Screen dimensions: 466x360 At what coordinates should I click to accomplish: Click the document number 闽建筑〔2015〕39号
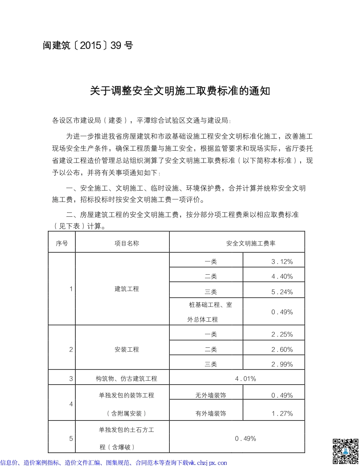pyautogui.click(x=88, y=46)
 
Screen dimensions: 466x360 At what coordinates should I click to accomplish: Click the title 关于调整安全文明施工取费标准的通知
pyautogui.click(x=180, y=91)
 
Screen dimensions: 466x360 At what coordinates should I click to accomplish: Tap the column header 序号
pyautogui.click(x=62, y=243)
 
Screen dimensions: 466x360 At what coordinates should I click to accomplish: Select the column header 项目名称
pyautogui.click(x=127, y=243)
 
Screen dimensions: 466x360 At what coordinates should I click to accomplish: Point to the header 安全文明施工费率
pyautogui.click(x=251, y=243)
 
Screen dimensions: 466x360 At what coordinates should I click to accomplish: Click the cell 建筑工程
pyautogui.click(x=127, y=289)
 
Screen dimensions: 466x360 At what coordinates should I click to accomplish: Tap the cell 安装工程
pyautogui.click(x=127, y=349)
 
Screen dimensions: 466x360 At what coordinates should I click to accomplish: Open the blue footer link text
pyautogui.click(x=114, y=463)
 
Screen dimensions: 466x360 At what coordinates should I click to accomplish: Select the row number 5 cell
pyautogui.click(x=71, y=439)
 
